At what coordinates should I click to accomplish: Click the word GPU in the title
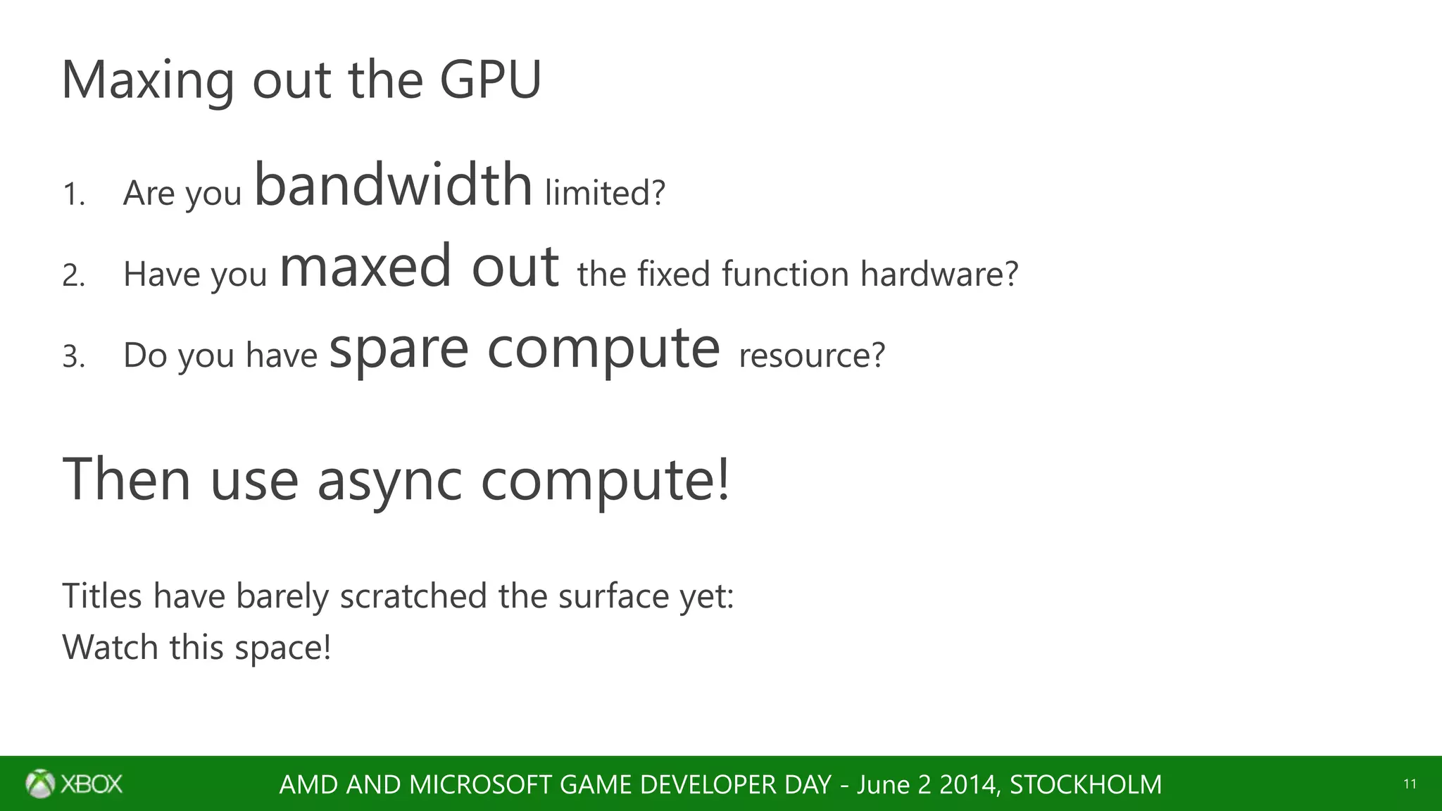pos(491,80)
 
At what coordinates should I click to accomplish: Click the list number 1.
pos(73,194)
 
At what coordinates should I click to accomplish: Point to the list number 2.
pos(73,275)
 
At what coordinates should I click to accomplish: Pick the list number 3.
pos(73,356)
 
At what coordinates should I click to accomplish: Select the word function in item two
pos(785,274)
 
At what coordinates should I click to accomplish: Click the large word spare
pos(399,350)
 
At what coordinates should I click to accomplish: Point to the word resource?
pos(811,355)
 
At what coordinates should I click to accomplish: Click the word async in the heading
pos(389,481)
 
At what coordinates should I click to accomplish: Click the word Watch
pos(110,647)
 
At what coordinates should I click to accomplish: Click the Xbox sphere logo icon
pos(40,784)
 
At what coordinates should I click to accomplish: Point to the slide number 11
pos(1410,784)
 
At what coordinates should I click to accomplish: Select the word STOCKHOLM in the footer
pos(1086,784)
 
